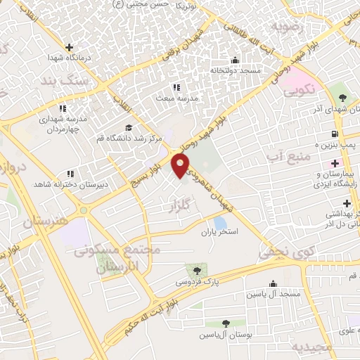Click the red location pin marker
(181, 166)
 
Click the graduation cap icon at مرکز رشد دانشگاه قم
(128, 127)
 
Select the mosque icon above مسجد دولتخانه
(235, 60)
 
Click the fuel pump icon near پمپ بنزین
(333, 134)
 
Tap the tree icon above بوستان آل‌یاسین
(225, 323)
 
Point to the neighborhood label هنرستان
(27, 221)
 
